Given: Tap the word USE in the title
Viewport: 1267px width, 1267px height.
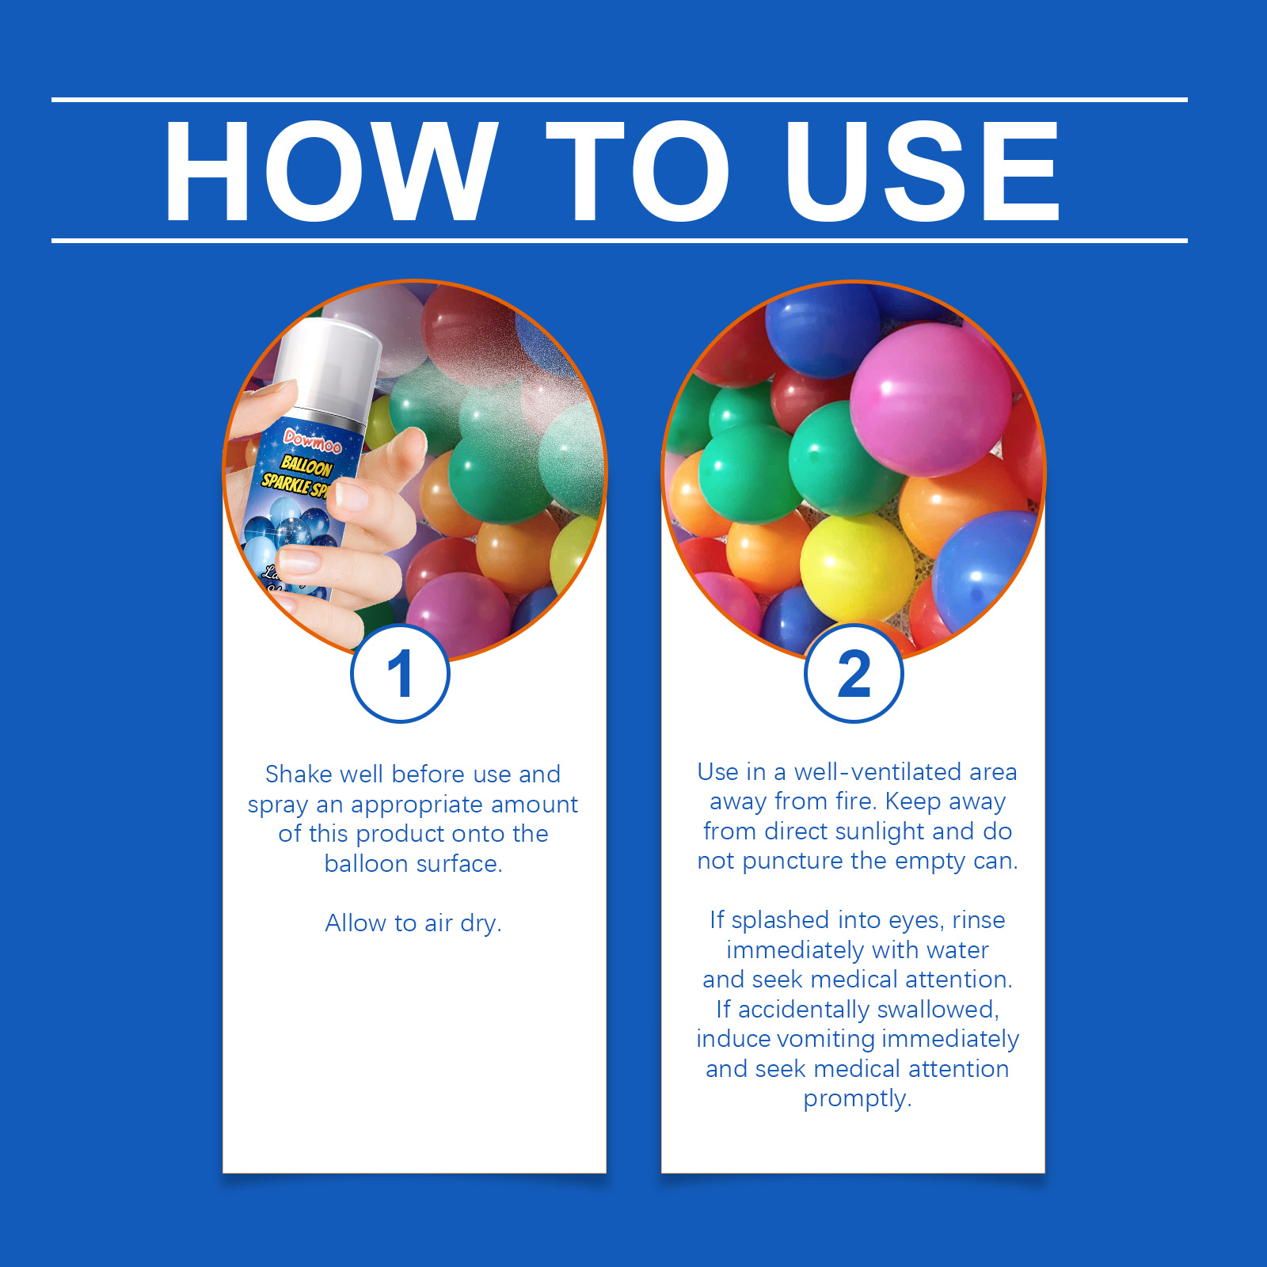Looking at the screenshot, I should (x=922, y=171).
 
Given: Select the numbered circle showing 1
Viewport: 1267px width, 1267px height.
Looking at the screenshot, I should (x=401, y=674).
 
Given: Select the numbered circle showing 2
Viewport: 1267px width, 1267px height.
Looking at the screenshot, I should (x=854, y=674).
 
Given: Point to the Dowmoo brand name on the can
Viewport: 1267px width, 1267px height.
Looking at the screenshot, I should (x=313, y=441).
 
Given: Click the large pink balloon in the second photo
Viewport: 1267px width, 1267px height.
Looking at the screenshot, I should (x=930, y=400).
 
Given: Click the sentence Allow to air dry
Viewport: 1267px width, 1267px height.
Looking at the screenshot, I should (x=413, y=923).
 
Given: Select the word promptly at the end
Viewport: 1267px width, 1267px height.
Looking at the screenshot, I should (x=857, y=1099).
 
